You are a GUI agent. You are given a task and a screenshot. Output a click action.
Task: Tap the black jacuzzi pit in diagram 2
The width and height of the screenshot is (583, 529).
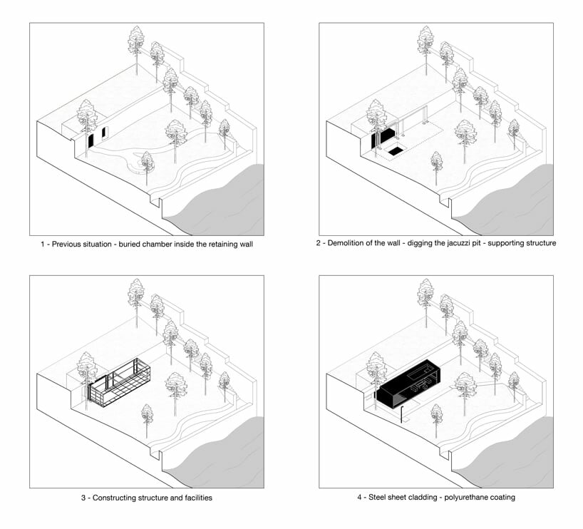395,151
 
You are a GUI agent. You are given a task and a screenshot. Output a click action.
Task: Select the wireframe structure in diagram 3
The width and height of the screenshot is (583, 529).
120,383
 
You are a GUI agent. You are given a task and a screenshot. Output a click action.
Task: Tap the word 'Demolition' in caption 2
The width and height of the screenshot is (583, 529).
350,244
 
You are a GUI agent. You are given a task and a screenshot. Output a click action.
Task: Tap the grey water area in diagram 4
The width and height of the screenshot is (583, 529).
516,456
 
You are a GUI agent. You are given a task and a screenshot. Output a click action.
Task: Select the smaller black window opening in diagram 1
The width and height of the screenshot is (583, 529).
104,133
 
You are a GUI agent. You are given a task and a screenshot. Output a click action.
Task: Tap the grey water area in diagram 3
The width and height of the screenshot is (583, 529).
227,456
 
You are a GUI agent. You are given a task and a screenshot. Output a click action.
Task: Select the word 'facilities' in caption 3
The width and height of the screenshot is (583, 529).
194,498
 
